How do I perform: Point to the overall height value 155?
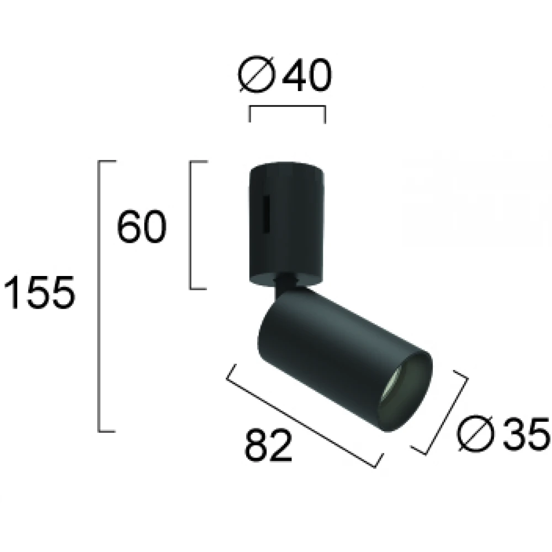[38, 293]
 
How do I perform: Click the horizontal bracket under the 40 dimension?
[287, 107]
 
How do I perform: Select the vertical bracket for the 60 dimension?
[191, 225]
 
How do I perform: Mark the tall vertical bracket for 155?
[99, 295]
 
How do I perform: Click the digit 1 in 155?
[11, 293]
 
